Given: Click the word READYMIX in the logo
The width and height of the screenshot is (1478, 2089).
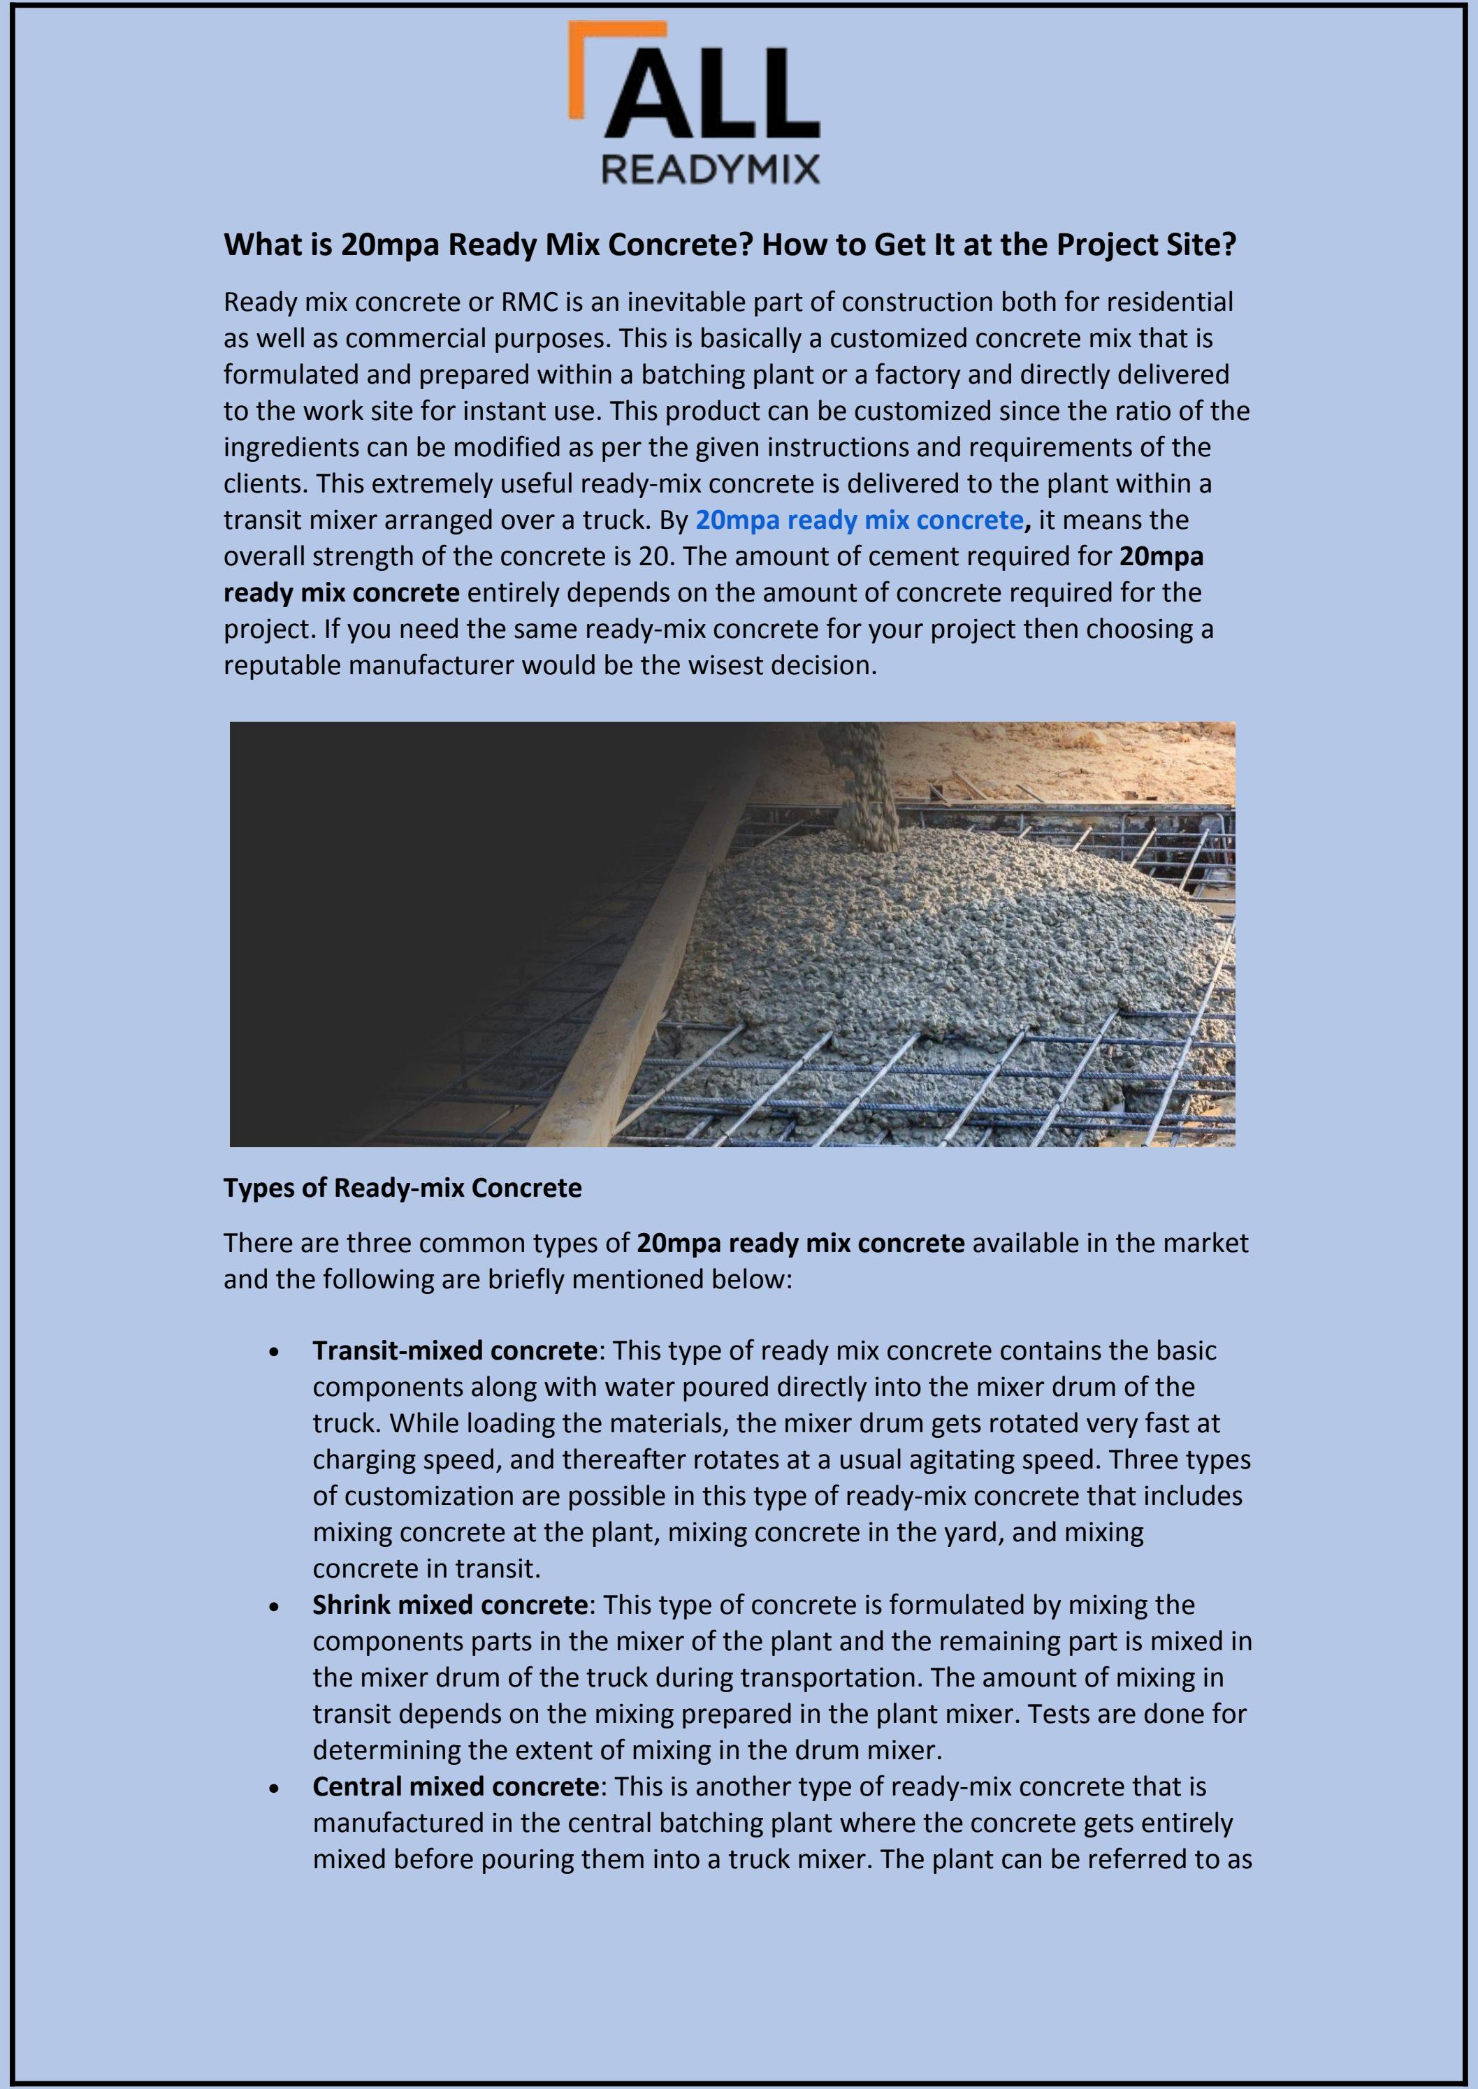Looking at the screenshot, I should point(710,168).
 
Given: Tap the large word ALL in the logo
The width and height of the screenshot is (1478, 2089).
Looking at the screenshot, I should point(714,96).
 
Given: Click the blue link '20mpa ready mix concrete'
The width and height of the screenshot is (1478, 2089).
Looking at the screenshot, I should point(859,520).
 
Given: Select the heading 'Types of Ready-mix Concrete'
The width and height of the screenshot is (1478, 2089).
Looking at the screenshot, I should point(403,1188).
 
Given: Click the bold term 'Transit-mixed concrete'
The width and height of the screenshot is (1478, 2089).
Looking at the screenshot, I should point(455,1351).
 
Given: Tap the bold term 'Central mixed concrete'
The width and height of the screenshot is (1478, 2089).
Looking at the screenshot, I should point(455,1787).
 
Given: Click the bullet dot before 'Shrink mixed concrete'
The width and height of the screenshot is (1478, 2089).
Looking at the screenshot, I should point(274,1608).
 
